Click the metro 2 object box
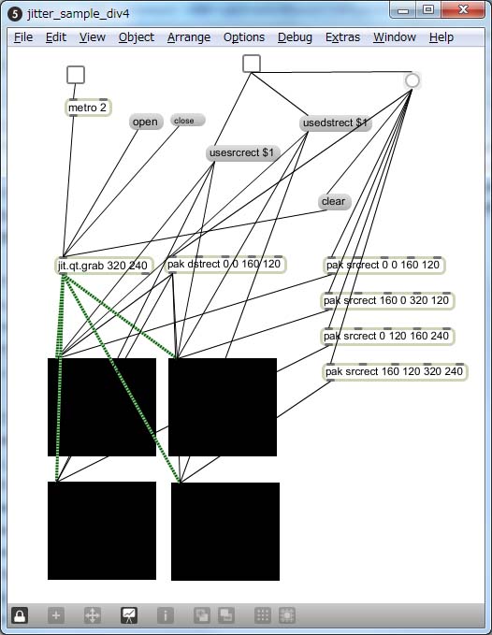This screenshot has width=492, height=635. click(x=88, y=108)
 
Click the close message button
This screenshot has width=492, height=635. click(x=188, y=121)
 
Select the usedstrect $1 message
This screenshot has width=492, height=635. click(x=335, y=123)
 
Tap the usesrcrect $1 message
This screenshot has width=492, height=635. click(x=242, y=153)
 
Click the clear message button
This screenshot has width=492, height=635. click(x=335, y=202)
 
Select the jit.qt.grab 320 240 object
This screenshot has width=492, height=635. click(x=105, y=266)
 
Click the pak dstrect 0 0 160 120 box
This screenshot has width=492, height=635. click(x=225, y=265)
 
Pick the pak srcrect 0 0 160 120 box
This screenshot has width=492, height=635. click(x=384, y=266)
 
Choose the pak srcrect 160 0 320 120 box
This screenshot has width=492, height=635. click(x=387, y=301)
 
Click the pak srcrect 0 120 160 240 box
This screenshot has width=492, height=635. click(x=387, y=336)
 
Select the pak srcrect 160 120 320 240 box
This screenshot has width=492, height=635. click(x=396, y=372)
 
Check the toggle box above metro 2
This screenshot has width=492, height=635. click(x=76, y=75)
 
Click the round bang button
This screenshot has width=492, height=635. click(x=412, y=80)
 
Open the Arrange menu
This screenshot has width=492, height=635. click(x=189, y=37)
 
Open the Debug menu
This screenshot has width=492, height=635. click(x=295, y=37)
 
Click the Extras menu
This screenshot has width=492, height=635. click(x=342, y=37)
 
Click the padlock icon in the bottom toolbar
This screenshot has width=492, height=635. click(x=20, y=615)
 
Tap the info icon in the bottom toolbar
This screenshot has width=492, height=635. click(x=166, y=615)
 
